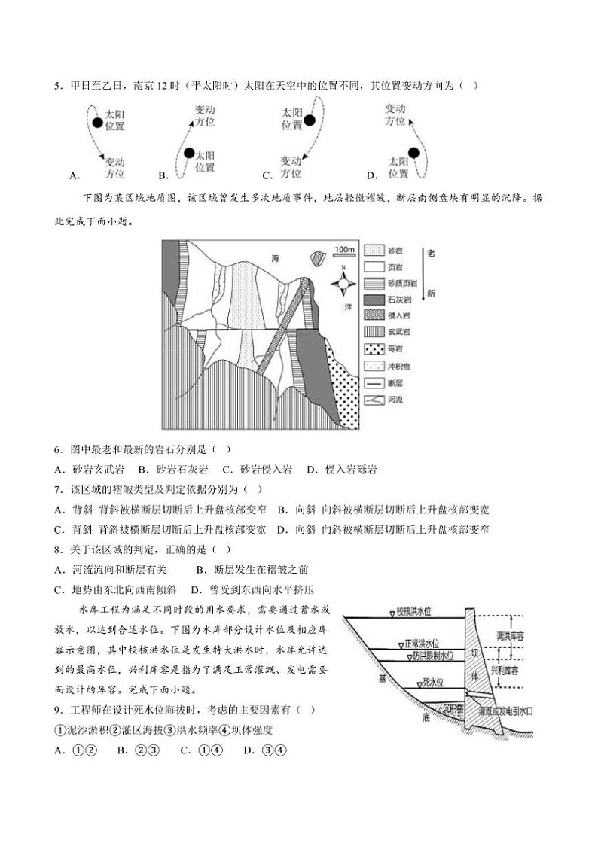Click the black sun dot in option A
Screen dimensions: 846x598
click(x=97, y=123)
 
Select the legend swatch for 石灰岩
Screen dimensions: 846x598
click(x=374, y=300)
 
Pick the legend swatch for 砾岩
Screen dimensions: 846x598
click(x=374, y=349)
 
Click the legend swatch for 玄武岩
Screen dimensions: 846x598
click(x=374, y=333)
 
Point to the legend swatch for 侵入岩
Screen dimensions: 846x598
click(x=374, y=316)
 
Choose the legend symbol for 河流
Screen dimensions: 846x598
click(x=374, y=399)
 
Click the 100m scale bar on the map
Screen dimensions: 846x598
click(x=344, y=251)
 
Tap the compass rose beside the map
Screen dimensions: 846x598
click(x=344, y=285)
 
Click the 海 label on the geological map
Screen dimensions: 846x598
click(x=276, y=258)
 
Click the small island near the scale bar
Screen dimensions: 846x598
click(x=318, y=257)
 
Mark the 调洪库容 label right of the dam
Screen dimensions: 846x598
click(x=514, y=636)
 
